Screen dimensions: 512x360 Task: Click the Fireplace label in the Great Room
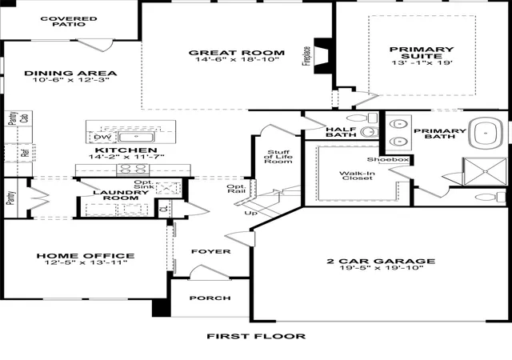(306, 56)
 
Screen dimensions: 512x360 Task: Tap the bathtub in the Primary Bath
(486, 134)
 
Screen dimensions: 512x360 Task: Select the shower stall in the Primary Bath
(486, 171)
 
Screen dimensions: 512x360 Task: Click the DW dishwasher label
(102, 138)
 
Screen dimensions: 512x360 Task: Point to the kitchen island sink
(136, 138)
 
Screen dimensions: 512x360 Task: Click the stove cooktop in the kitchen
(133, 170)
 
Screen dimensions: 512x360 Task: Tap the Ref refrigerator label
(26, 153)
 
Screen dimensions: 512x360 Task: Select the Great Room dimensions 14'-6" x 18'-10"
(238, 59)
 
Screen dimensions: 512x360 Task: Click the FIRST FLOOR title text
(256, 336)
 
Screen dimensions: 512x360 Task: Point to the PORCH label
(210, 298)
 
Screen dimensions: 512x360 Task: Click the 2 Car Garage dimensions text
(381, 268)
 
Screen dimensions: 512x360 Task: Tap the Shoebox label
(388, 159)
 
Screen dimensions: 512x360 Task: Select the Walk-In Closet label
(357, 175)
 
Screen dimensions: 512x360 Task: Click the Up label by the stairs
(250, 213)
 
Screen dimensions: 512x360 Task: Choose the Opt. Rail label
(236, 189)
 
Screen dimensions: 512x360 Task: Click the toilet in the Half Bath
(362, 118)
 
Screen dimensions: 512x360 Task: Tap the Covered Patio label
(69, 22)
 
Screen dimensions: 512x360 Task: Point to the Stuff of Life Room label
(278, 157)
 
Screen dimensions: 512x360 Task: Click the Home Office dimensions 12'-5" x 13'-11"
(86, 262)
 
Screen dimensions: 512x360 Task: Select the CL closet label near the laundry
(165, 208)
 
